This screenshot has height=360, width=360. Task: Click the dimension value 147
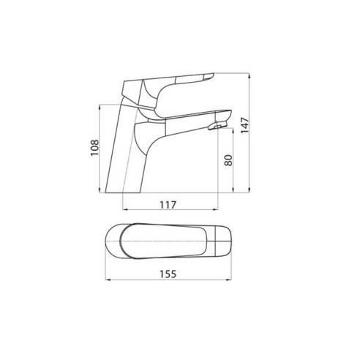(245, 125)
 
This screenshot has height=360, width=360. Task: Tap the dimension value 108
(94, 148)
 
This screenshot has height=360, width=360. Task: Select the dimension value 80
(228, 160)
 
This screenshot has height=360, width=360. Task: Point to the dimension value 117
(168, 205)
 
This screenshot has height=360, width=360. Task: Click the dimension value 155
(168, 274)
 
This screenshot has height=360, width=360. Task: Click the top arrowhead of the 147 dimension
(249, 75)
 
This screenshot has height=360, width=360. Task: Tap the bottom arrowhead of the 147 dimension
(249, 190)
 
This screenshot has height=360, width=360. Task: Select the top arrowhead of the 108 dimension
(100, 108)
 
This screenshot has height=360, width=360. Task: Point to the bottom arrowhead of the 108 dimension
(100, 190)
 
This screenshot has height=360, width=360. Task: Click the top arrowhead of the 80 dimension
(233, 131)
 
